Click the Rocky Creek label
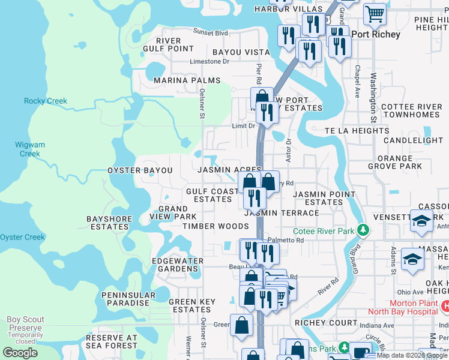coord(46,101)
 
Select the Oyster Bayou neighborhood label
coord(140,170)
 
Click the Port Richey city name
coord(376,34)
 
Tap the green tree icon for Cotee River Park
coord(363,230)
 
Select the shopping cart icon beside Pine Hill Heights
coord(375,13)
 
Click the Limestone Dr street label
coord(209,61)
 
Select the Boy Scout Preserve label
coord(25,324)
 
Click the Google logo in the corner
coord(20,352)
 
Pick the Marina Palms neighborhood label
coord(187,80)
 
